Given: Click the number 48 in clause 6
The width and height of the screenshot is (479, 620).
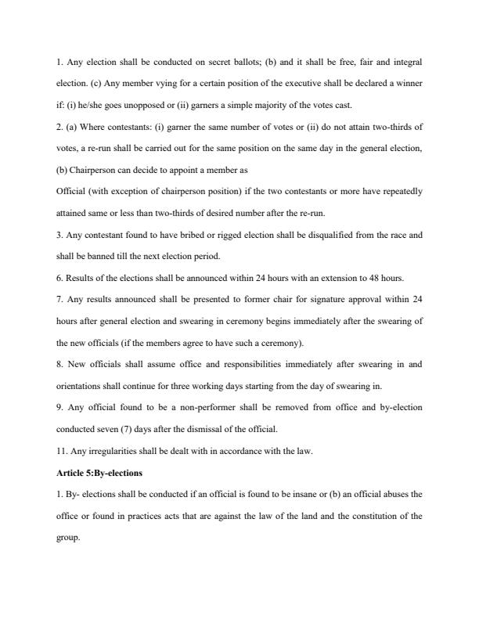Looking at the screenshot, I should tap(366, 277).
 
